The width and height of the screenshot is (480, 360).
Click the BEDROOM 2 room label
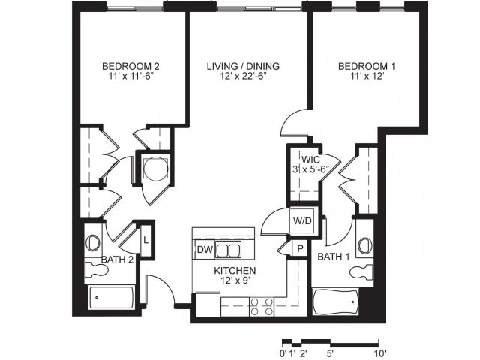131,66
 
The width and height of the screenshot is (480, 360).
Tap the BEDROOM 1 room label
367,66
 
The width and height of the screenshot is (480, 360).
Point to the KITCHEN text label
235,270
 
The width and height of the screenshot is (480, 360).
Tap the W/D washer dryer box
302,221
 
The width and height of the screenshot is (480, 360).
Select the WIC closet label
311,160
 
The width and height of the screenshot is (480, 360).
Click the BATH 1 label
334,257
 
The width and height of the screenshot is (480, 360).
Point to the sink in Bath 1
365,245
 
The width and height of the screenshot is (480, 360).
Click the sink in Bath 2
93,243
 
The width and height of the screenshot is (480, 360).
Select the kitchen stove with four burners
261,305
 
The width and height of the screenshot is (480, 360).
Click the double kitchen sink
228,250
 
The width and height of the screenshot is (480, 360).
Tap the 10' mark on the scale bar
379,351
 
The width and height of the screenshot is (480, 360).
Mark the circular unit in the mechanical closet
153,169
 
